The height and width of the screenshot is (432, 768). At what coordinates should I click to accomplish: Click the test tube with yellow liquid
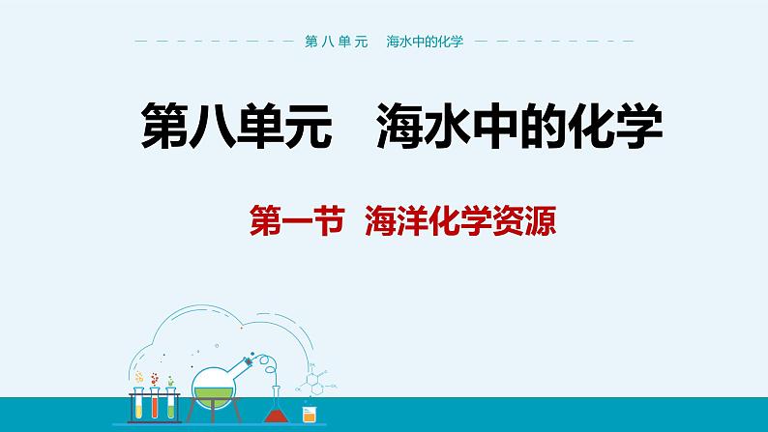tap(139, 405)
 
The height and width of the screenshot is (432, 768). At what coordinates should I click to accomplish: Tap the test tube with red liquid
tap(155, 405)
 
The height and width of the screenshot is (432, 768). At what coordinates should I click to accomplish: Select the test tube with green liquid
tap(171, 405)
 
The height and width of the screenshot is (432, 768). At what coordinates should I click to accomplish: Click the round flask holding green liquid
tap(214, 391)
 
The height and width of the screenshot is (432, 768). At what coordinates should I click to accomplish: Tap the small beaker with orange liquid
tap(310, 417)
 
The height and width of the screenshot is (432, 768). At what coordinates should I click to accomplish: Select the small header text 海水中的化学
tap(425, 43)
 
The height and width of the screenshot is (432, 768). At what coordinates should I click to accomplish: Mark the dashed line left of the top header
tap(213, 43)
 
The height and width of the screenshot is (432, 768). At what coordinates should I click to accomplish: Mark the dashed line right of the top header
tap(555, 43)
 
